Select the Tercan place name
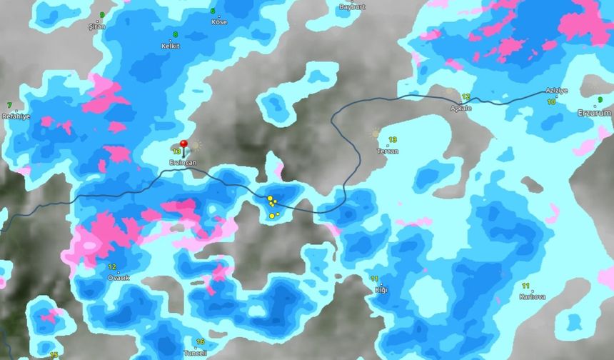click(388, 151)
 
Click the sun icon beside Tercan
click(376, 133)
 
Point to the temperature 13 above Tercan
click(392, 140)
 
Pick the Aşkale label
click(461, 108)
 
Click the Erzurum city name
click(594, 113)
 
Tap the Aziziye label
click(556, 91)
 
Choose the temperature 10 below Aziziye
click(551, 102)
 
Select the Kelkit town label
click(171, 45)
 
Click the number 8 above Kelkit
click(175, 34)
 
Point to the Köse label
click(219, 21)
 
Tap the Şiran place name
click(96, 26)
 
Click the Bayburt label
click(351, 6)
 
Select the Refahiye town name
click(16, 116)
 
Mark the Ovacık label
click(119, 277)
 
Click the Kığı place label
click(381, 289)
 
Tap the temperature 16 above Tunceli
click(200, 342)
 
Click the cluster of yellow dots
click(273, 206)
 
